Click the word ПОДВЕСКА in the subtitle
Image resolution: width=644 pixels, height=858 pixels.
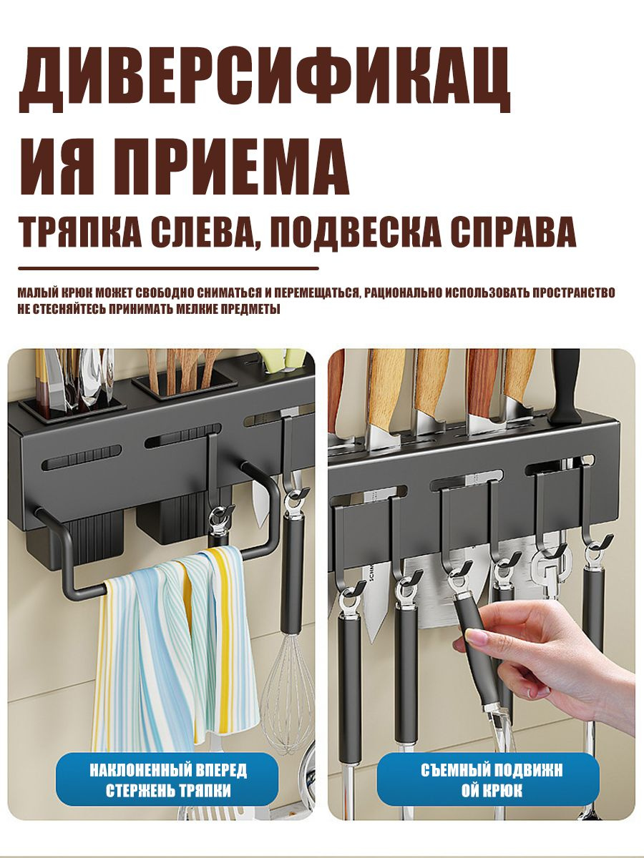[x=355, y=232]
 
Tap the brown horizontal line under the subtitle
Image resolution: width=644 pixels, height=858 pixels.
[x=169, y=269]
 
